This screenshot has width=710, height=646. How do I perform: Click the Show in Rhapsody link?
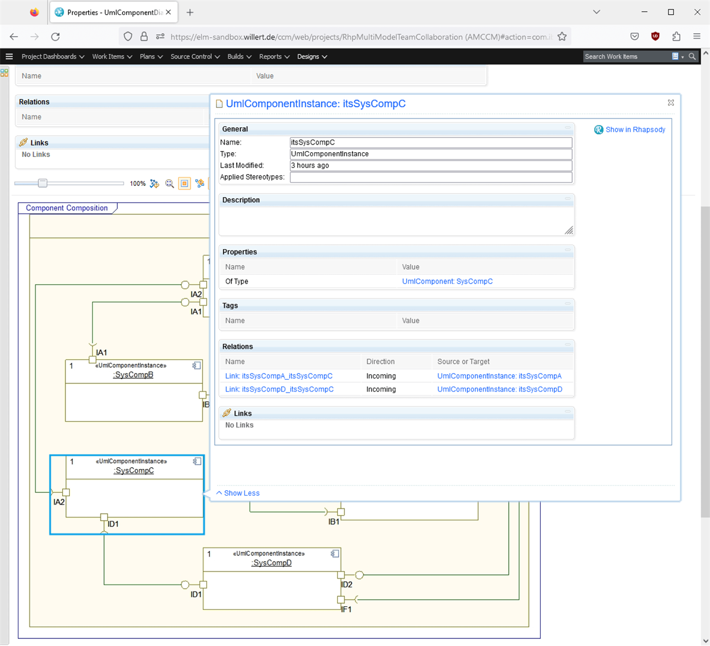[635, 130]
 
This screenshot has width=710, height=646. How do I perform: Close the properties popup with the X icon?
[670, 102]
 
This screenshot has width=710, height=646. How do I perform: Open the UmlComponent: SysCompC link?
[447, 281]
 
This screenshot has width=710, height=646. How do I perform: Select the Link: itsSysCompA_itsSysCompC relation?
[279, 376]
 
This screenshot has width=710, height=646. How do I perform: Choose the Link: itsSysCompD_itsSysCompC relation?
[279, 389]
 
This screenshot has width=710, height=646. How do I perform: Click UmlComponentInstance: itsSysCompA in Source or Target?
[499, 376]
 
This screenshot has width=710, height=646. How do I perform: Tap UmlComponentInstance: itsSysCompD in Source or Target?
[499, 389]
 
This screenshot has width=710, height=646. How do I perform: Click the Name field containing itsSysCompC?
[430, 142]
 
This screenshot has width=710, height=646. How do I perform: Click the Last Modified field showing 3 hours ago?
[430, 166]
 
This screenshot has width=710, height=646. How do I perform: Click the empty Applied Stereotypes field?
[430, 177]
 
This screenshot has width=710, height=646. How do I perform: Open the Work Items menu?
[112, 57]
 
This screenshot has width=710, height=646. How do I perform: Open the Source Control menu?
[195, 57]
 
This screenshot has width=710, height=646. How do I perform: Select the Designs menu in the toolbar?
[312, 57]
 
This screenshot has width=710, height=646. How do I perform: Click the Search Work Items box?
[625, 57]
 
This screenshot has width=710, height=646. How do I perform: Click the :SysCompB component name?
[134, 375]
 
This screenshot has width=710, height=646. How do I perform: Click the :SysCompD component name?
[272, 563]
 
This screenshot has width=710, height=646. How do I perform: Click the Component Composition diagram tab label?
[67, 208]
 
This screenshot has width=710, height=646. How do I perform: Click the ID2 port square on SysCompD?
[341, 575]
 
